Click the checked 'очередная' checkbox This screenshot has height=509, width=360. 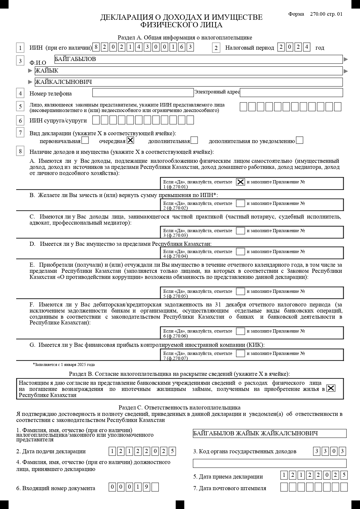131,140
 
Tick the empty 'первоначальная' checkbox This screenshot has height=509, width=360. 85,140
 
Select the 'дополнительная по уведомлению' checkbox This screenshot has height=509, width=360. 300,140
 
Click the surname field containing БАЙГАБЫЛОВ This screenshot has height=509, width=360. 198,59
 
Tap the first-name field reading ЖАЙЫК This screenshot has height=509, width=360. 189,71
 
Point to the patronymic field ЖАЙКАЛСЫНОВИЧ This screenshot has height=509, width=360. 189,82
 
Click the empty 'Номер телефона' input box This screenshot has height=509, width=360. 143,93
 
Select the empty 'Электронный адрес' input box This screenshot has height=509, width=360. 291,93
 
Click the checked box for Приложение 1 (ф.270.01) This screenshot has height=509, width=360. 240,182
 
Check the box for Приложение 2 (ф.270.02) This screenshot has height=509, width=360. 240,203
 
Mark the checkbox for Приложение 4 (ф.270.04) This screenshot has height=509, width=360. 240,252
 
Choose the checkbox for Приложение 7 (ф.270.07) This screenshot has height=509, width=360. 240,353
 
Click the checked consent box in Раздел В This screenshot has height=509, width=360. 331,388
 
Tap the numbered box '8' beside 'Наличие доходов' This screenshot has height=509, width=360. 20,151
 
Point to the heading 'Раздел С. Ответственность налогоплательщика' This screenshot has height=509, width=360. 179,408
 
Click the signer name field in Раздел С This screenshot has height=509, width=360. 269,433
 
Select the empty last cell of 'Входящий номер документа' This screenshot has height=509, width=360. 155,487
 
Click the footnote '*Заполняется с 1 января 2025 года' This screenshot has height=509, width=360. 64,365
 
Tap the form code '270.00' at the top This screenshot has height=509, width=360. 318,14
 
